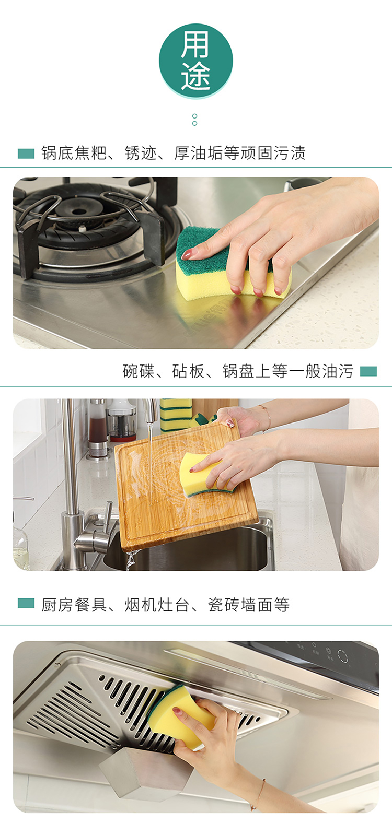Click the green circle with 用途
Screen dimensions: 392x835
(x=196, y=61)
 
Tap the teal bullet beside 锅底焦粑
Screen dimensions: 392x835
(x=26, y=154)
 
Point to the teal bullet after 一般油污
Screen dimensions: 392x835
(x=368, y=371)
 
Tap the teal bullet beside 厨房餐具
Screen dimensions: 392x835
(x=26, y=603)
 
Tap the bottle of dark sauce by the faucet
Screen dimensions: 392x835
(x=98, y=429)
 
